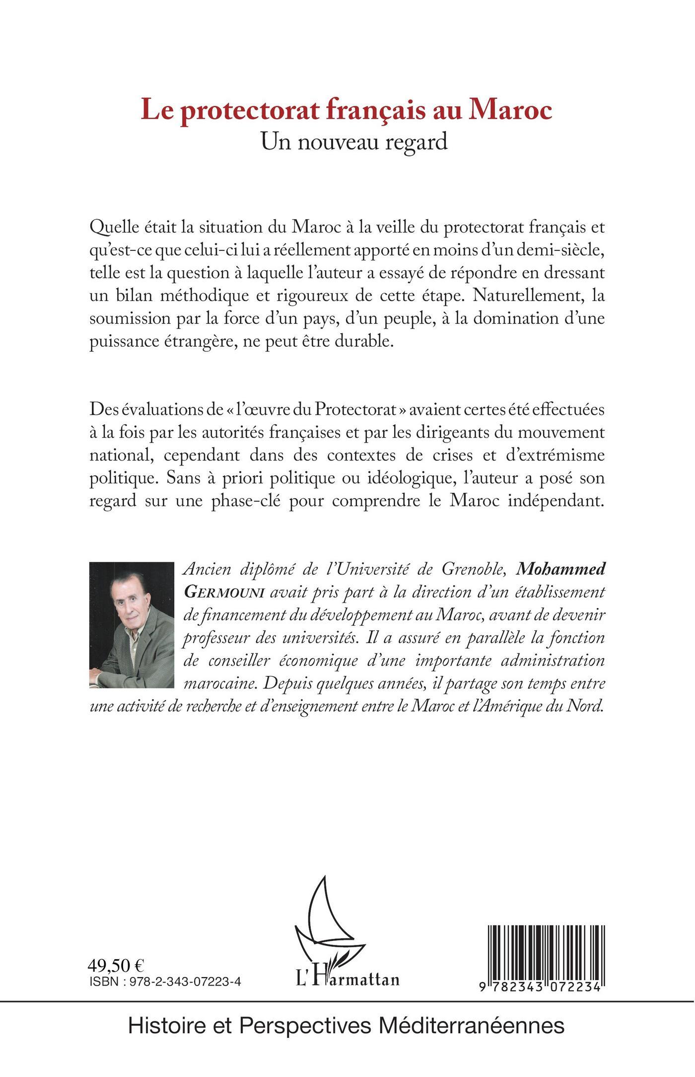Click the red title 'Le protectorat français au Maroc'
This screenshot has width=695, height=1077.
347,110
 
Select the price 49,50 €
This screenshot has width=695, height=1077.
116,965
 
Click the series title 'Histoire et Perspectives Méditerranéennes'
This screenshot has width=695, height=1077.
347,1024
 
